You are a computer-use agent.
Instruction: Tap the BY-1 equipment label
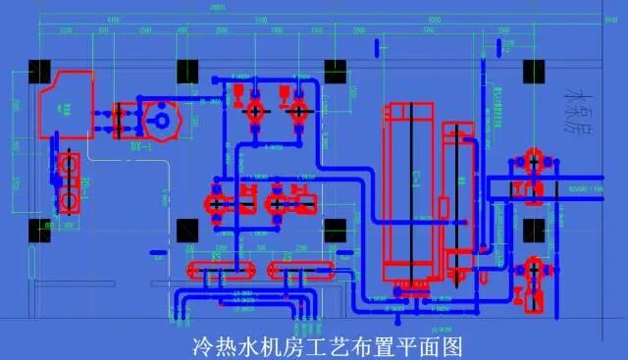click(138, 148)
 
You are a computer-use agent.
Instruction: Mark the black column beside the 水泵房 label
click(535, 72)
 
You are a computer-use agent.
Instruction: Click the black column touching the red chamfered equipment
click(40, 72)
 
